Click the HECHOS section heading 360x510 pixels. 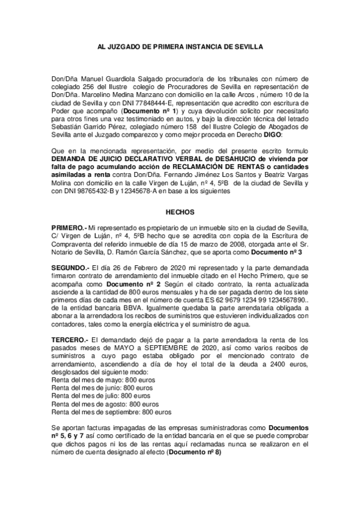pyautogui.click(x=180, y=212)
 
